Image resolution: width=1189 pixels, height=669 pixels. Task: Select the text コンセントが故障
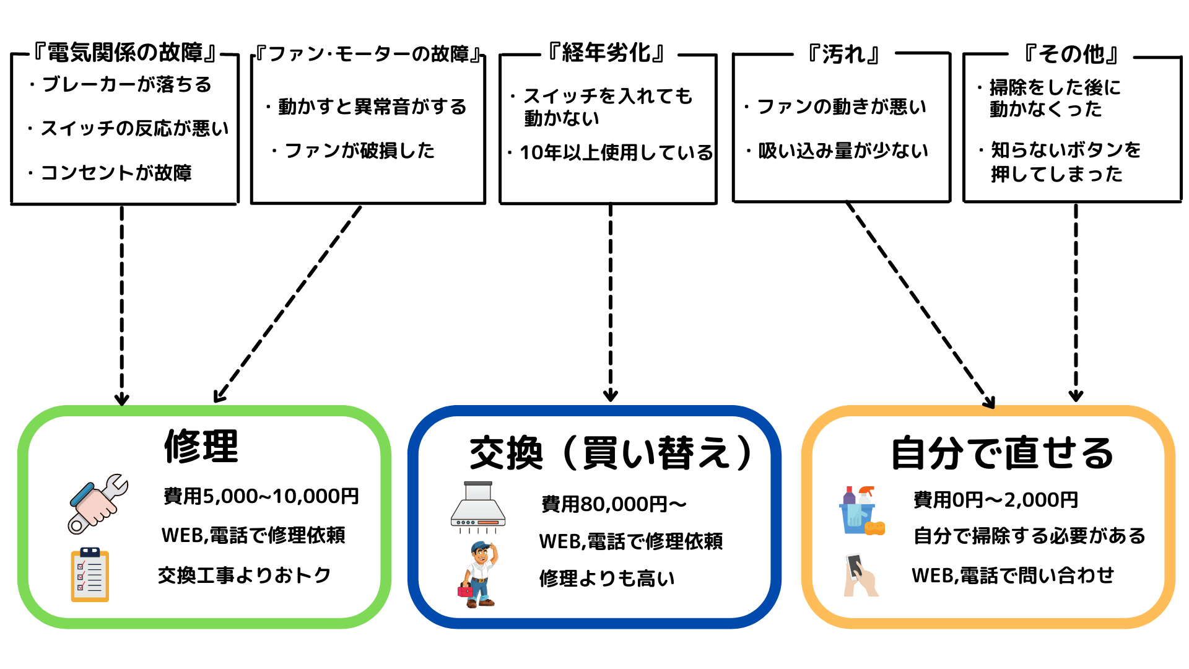pyautogui.click(x=116, y=172)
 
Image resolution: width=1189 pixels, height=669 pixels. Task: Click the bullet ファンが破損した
pyautogui.click(x=359, y=151)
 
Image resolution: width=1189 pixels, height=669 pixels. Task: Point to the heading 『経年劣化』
pyautogui.click(x=607, y=53)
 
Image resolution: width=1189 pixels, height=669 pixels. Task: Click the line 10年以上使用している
pyautogui.click(x=616, y=152)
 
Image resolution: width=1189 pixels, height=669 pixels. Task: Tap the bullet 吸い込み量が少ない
pyautogui.click(x=843, y=151)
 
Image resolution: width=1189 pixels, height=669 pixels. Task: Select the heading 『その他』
pyautogui.click(x=1071, y=55)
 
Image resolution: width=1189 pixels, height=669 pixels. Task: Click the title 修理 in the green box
pyautogui.click(x=201, y=446)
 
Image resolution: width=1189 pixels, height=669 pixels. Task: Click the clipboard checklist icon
pyautogui.click(x=90, y=575)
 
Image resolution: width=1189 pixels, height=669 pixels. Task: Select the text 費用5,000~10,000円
pyautogui.click(x=261, y=496)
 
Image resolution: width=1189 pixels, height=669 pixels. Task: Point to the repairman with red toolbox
pyautogui.click(x=479, y=575)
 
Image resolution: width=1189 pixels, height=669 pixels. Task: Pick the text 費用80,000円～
pyautogui.click(x=614, y=504)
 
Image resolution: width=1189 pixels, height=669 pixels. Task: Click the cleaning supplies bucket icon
pyautogui.click(x=861, y=511)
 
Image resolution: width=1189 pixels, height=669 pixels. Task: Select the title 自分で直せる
pyautogui.click(x=1001, y=453)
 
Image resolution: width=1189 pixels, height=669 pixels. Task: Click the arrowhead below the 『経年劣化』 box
pyautogui.click(x=611, y=395)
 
